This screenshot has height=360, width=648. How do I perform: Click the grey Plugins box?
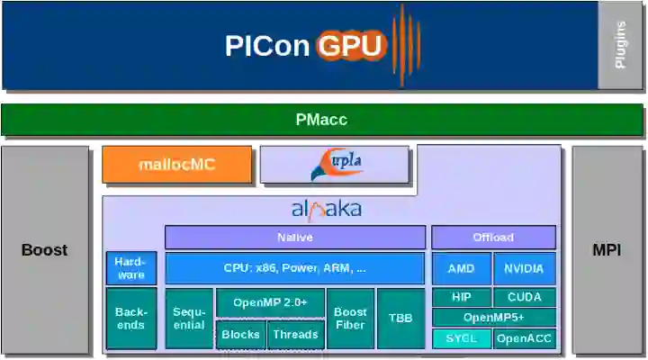tap(620, 45)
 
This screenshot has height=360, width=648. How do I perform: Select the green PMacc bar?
tap(321, 120)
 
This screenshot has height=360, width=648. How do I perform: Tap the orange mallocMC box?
tap(176, 165)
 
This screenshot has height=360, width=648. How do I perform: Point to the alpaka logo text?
tap(326, 210)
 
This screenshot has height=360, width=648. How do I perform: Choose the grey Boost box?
tap(45, 249)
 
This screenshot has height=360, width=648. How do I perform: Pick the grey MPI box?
tap(607, 249)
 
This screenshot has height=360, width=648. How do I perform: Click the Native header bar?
tap(294, 238)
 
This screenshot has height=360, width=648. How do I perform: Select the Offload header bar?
tap(493, 238)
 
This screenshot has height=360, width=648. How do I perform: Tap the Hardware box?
tap(130, 268)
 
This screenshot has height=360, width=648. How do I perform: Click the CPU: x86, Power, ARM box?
tap(294, 268)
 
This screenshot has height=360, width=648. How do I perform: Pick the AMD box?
tap(462, 268)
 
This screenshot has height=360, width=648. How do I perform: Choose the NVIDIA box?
tap(524, 268)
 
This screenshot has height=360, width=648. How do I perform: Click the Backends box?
tap(130, 318)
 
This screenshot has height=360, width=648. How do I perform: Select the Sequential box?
tap(189, 318)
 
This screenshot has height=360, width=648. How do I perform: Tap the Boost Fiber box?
tap(350, 318)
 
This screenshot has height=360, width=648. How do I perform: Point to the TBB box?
tap(400, 318)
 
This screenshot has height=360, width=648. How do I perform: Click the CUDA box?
tap(524, 297)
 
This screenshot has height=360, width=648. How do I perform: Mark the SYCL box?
tap(462, 338)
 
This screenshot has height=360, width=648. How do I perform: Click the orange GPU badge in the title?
tap(351, 45)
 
